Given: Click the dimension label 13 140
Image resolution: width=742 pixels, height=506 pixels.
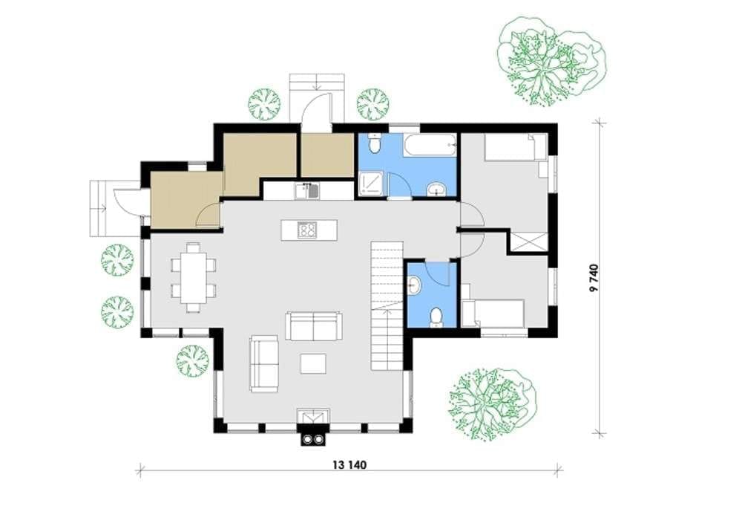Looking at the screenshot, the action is point(349,465).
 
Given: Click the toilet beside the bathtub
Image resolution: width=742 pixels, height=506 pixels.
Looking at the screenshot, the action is point(374,143).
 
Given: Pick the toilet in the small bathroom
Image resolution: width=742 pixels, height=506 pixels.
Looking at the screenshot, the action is point(436,317).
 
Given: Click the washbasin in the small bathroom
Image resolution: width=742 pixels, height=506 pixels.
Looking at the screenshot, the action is point(413,285).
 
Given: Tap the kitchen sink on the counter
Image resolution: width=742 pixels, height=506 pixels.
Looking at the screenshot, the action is point(307,190).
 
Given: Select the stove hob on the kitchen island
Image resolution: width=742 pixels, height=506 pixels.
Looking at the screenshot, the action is point(306,230).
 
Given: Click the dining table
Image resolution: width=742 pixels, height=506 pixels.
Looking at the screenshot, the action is point(193,277).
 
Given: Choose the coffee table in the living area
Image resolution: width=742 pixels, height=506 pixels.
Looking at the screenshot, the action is point(313,363).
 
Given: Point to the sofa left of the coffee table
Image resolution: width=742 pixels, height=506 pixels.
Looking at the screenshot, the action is point(264,363).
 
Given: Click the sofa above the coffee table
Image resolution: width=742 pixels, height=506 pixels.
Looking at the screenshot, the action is point(313,325).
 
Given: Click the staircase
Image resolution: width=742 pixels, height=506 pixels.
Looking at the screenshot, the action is point(387,306).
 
